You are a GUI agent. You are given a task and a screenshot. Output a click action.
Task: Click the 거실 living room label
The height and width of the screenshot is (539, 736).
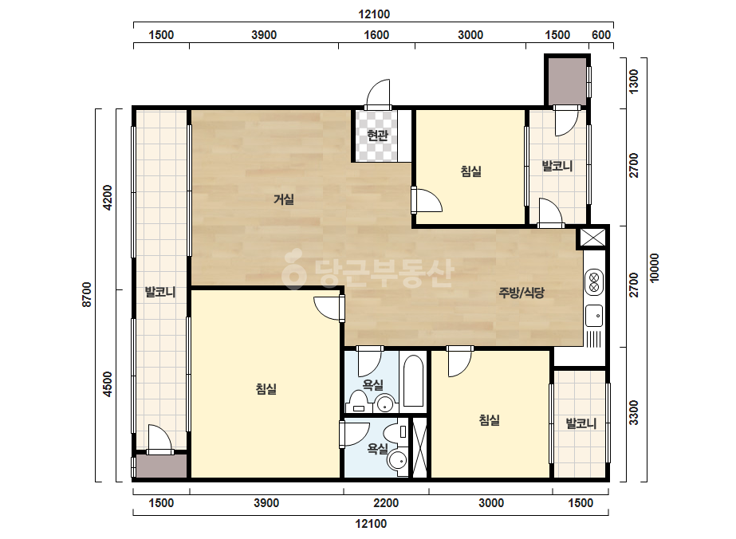coord(284,199)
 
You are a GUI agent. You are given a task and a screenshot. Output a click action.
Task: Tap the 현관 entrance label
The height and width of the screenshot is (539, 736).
coord(377,136)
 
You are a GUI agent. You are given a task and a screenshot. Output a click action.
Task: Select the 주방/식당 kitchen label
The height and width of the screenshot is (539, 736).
coord(521,293)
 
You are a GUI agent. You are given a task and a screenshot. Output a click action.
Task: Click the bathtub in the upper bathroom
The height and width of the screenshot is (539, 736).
coord(414,381)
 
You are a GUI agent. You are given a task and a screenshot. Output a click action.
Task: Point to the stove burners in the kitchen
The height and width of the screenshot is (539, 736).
coord(594,281)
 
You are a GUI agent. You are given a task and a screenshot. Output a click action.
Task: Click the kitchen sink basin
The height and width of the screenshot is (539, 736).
coord(594,316)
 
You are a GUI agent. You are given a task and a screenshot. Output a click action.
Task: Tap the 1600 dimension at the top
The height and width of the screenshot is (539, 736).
coord(376,35)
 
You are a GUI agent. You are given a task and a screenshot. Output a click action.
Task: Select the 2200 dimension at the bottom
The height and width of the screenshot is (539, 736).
coord(386,503)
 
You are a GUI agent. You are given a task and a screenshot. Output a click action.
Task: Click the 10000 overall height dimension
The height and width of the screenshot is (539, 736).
coord(655,268)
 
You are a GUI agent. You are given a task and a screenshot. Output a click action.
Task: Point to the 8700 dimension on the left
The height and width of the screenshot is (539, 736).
coord(87,295)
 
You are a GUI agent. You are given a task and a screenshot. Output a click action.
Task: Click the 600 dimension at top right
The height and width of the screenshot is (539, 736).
coord(601,35)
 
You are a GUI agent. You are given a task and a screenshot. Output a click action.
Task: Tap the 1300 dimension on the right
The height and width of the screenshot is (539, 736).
coord(633,81)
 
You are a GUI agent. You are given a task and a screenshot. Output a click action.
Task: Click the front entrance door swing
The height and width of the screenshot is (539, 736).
coord(378,93)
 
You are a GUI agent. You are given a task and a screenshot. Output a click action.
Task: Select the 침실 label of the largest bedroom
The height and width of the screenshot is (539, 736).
coord(266,389)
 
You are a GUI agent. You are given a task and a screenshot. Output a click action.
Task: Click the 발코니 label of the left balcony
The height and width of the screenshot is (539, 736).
coord(160,292)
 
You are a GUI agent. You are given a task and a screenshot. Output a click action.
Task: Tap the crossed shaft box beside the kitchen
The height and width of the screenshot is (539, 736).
coord(592,238)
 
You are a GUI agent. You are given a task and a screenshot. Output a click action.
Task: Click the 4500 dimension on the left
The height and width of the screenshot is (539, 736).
coord(108,384)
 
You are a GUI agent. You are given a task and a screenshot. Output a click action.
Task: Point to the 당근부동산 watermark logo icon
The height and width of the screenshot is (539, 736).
coord(294,269)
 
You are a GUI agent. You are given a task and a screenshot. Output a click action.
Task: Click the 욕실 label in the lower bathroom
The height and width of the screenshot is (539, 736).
coord(377,449)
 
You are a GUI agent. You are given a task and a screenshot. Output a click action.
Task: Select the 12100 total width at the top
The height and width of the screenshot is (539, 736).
coord(374,14)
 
